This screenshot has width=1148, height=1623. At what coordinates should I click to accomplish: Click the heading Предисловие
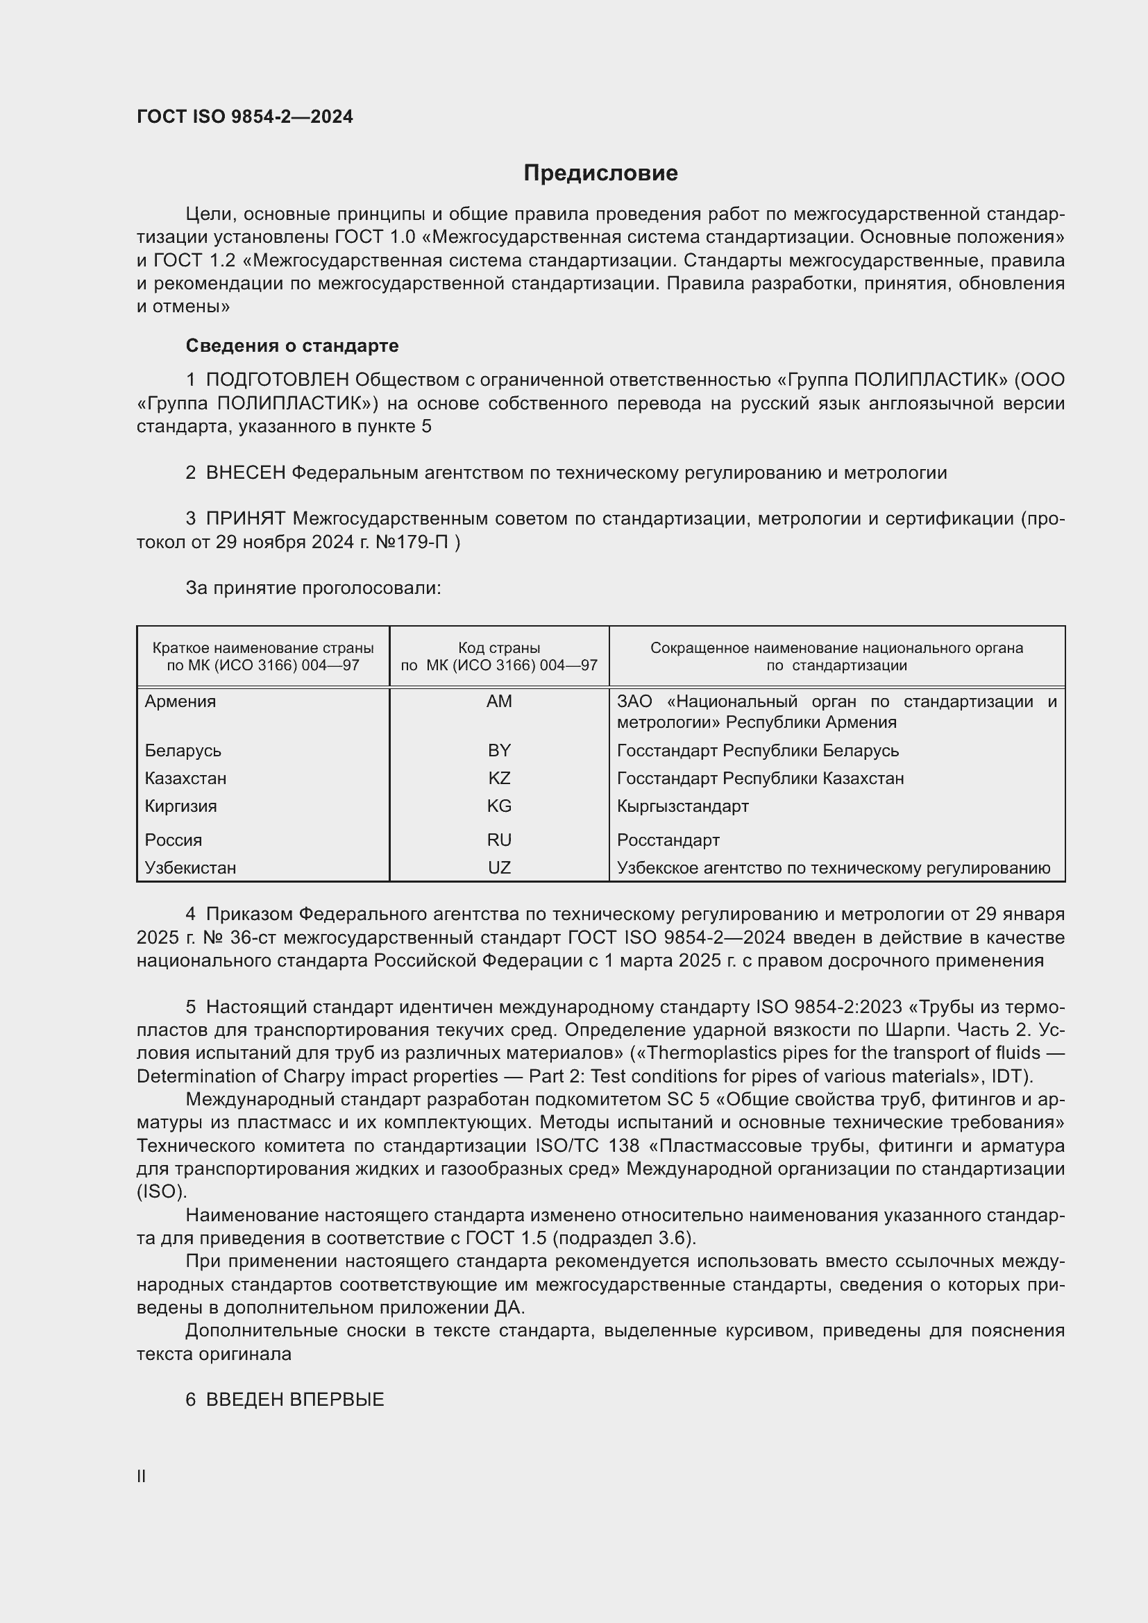pyautogui.click(x=600, y=173)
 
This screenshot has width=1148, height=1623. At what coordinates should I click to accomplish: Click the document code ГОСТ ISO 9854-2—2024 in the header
pyautogui.click(x=244, y=117)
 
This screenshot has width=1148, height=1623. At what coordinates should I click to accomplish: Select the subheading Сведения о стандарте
pyautogui.click(x=292, y=346)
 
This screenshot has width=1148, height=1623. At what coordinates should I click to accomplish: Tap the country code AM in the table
pyautogui.click(x=499, y=702)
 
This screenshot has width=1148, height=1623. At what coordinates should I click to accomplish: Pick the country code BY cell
pyautogui.click(x=499, y=750)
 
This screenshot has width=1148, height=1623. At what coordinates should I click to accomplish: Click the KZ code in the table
pyautogui.click(x=499, y=779)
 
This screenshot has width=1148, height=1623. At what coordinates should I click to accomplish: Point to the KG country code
pyautogui.click(x=499, y=806)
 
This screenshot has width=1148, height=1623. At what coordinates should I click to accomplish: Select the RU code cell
pyautogui.click(x=499, y=840)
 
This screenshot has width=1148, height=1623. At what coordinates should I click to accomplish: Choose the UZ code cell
pyautogui.click(x=499, y=867)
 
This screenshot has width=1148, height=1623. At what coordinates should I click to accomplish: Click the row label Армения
pyautogui.click(x=180, y=702)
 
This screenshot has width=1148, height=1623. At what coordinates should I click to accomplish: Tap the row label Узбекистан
pyautogui.click(x=190, y=867)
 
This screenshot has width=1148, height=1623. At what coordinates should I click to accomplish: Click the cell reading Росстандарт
pyautogui.click(x=668, y=840)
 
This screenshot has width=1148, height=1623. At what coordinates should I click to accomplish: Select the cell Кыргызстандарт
pyautogui.click(x=682, y=806)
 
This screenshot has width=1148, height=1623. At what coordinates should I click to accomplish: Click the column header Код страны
pyautogui.click(x=499, y=647)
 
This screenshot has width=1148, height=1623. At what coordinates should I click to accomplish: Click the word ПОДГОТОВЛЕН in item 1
pyautogui.click(x=277, y=380)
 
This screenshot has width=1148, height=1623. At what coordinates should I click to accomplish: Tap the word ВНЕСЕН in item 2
pyautogui.click(x=245, y=473)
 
